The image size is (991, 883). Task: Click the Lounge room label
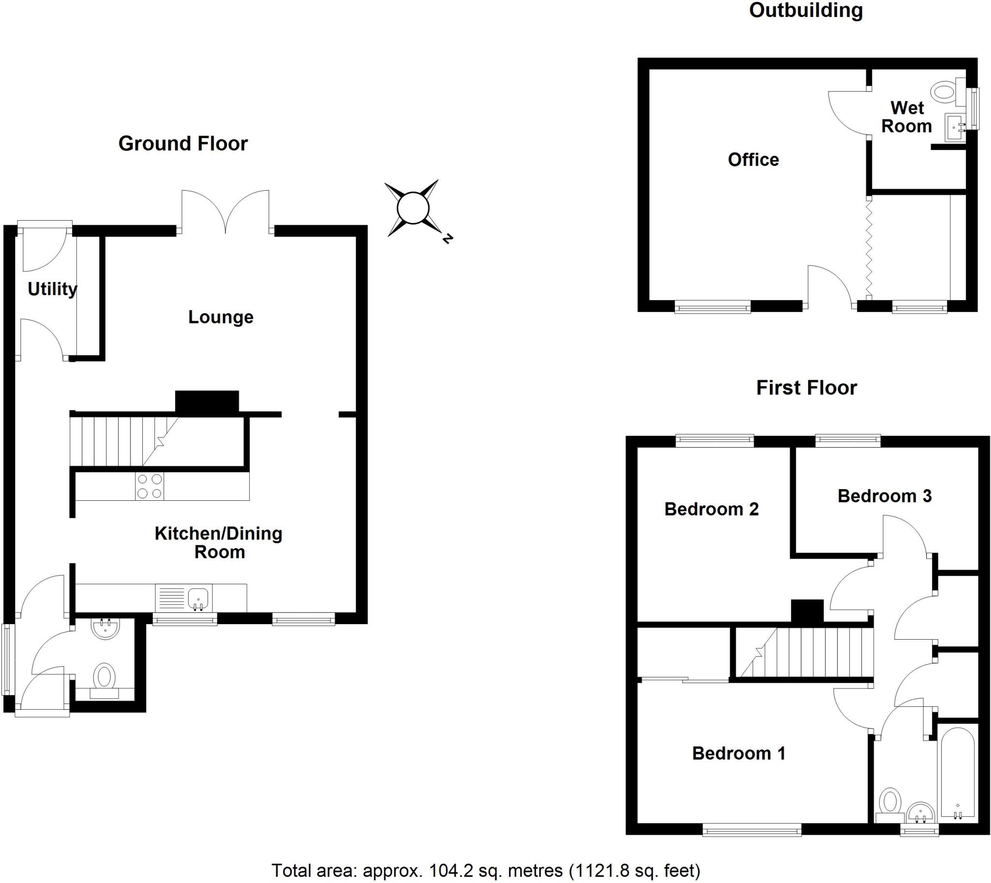coord(221,317)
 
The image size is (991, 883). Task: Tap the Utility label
coord(52,289)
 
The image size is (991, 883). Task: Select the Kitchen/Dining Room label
coord(219,542)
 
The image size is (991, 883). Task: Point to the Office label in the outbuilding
coord(753,160)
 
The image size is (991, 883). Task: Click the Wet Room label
coord(906,117)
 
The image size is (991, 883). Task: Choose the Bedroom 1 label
coord(738,753)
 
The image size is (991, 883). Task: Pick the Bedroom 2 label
coord(711,509)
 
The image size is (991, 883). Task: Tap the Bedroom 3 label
coord(884,496)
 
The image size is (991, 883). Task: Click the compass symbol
coord(413,209)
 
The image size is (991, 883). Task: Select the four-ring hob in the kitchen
coord(150,486)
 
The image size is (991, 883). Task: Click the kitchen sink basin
coord(198,597)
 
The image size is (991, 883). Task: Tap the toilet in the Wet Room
coord(944,91)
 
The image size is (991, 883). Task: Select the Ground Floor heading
coord(183,144)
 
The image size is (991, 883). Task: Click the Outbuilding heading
coord(806,10)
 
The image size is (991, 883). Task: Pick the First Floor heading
coord(807,388)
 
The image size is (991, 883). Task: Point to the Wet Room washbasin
coord(955,128)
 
